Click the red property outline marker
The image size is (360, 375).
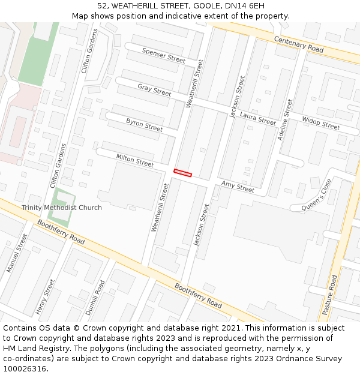click(182, 173)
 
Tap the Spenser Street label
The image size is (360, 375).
click(164, 55)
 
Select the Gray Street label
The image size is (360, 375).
click(154, 90)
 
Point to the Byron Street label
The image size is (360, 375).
click(144, 125)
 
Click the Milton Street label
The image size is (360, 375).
click(135, 160)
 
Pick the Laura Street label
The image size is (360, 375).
click(257, 118)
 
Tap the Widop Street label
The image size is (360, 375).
click(320, 123)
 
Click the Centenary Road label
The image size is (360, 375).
click(299, 43)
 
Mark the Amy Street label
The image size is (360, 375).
click(238, 187)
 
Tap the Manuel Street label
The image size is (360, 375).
click(17, 253)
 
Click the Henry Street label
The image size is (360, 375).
click(45, 296)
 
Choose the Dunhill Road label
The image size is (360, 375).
click(95, 298)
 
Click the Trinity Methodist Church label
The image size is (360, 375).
click(62, 208)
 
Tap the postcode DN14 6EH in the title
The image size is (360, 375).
click(246, 5)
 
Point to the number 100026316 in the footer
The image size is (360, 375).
click(23, 368)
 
